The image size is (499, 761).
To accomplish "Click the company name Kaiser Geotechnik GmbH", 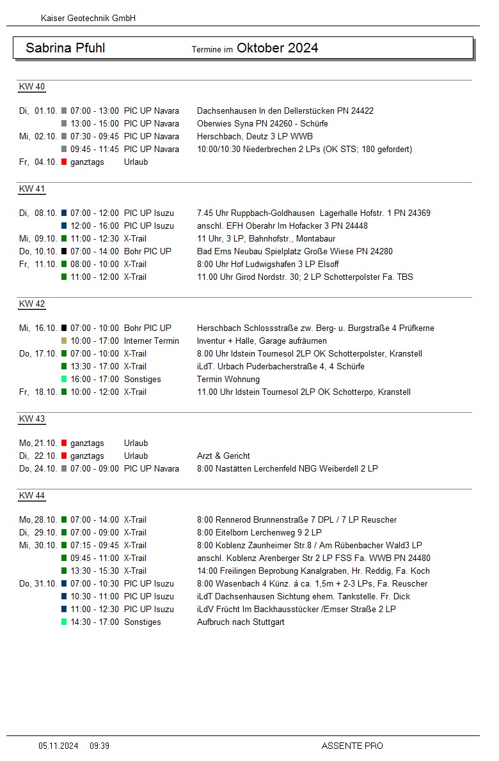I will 88,19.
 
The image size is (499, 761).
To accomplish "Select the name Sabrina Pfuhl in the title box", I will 65,48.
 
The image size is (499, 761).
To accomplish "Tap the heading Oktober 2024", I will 277,48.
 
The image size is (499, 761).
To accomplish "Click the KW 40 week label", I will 32,87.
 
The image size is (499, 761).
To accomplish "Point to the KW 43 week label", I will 32,419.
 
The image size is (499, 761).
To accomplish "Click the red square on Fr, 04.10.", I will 64,162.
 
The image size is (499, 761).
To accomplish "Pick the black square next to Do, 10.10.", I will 64,252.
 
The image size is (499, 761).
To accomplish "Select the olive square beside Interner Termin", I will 64,341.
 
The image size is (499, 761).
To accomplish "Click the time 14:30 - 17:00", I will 95,622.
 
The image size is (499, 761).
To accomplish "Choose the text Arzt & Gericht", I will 223,456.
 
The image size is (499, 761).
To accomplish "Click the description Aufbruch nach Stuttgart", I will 241,622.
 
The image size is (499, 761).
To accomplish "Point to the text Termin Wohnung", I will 228,380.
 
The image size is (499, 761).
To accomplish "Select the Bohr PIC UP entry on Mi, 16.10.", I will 148,328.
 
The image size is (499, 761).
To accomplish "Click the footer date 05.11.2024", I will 58,746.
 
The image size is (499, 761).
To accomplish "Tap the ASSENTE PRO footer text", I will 352,746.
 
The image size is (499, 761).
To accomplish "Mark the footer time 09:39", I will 99,746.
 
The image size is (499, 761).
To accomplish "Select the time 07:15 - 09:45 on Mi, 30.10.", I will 95,546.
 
